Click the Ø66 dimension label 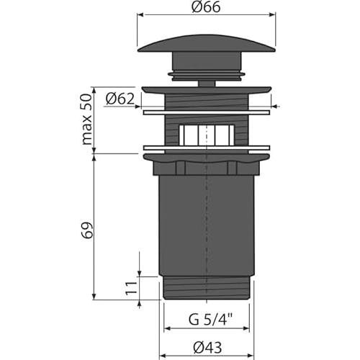[x=206, y=7]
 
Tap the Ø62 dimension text [x=120, y=99]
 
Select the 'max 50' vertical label [x=86, y=120]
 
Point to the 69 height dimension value [x=87, y=230]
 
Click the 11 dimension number [x=131, y=288]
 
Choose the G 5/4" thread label [x=210, y=320]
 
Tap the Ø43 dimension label [x=208, y=347]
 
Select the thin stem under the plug [x=207, y=84]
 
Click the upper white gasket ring [x=207, y=112]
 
